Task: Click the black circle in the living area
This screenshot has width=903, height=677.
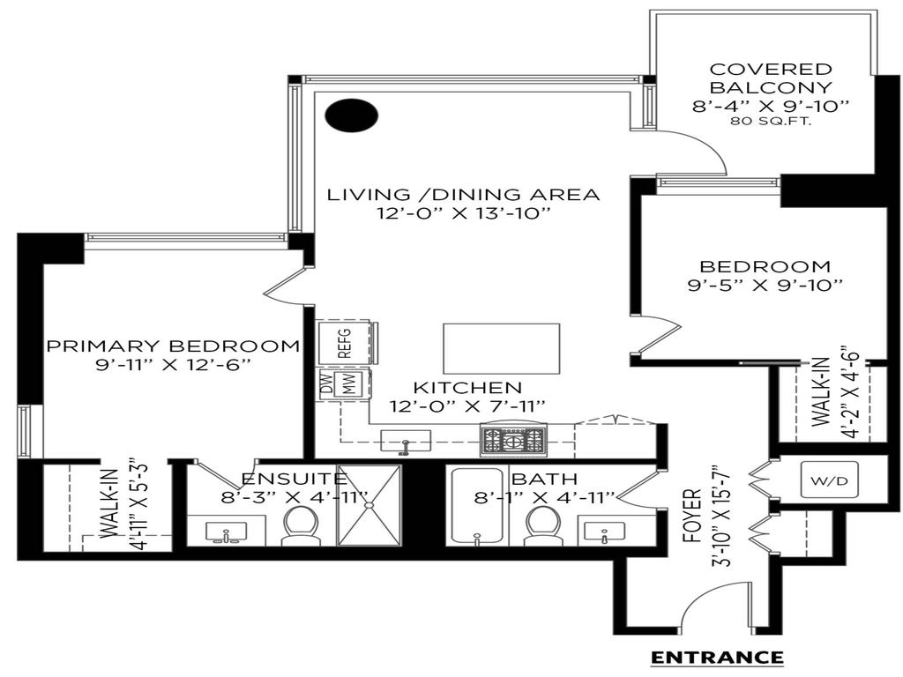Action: click(x=351, y=115)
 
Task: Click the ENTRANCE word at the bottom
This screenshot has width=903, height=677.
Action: click(x=716, y=657)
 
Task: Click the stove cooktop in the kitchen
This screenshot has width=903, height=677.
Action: click(x=512, y=438)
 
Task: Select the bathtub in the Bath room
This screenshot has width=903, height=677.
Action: click(x=476, y=507)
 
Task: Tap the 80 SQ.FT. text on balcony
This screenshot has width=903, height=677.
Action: click(x=772, y=122)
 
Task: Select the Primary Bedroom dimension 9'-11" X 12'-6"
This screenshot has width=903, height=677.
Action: click(x=172, y=364)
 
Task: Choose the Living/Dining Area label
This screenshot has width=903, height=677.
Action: click(x=463, y=194)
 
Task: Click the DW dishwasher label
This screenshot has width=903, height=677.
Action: click(x=327, y=386)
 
